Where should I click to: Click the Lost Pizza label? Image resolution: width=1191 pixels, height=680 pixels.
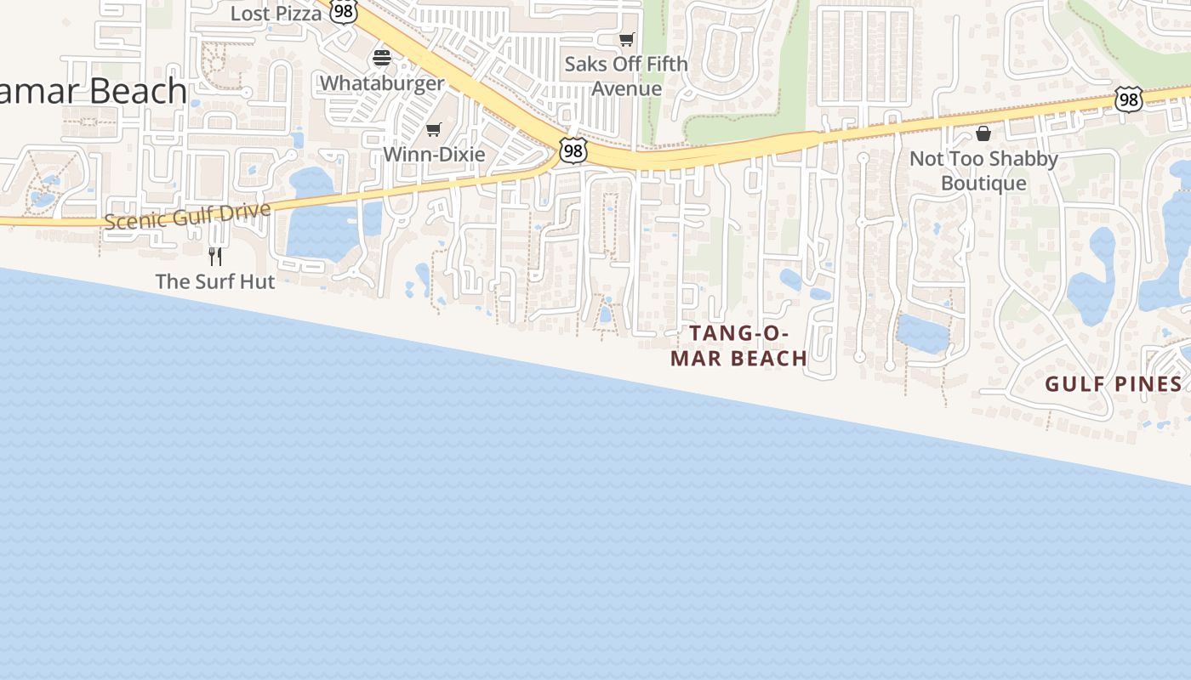pos(276,14)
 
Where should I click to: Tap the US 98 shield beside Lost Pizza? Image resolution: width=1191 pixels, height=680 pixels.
pos(342,12)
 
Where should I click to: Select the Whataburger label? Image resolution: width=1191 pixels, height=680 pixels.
pos(382,83)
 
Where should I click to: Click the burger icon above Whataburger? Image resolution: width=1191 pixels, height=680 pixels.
pos(382,58)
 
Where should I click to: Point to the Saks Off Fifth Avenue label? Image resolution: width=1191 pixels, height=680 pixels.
pos(626,76)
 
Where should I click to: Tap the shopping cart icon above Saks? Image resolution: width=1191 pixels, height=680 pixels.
pos(627,39)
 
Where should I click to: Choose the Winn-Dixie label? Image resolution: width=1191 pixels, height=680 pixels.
pos(434,155)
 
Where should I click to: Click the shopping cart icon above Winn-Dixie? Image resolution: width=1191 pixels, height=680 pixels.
pos(434,129)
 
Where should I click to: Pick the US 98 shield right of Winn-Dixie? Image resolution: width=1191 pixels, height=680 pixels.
pos(573,150)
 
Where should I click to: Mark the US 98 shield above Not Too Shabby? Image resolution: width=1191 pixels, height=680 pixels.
pos(1128,99)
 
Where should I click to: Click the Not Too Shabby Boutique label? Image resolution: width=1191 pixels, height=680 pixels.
pos(983,171)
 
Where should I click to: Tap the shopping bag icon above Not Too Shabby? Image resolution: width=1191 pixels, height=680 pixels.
pos(983,133)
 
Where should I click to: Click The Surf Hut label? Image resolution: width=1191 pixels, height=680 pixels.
pos(215,281)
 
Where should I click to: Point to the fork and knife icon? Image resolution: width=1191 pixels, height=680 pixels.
pos(215,256)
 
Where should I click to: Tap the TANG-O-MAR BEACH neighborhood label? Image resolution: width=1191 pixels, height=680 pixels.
pos(738,346)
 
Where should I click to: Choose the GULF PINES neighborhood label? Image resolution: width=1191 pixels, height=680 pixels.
pos(1114,384)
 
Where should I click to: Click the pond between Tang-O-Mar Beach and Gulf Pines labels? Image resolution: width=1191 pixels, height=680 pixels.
pos(922,333)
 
